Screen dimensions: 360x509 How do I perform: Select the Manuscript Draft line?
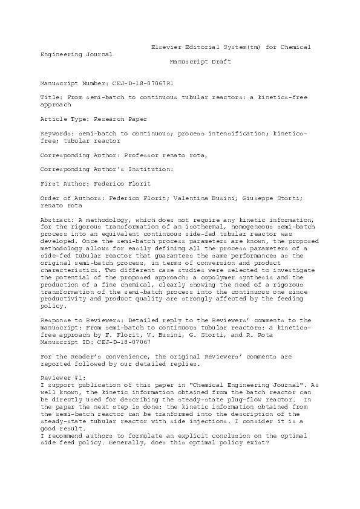click(200, 62)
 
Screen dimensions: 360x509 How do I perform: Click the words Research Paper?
click(122, 120)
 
